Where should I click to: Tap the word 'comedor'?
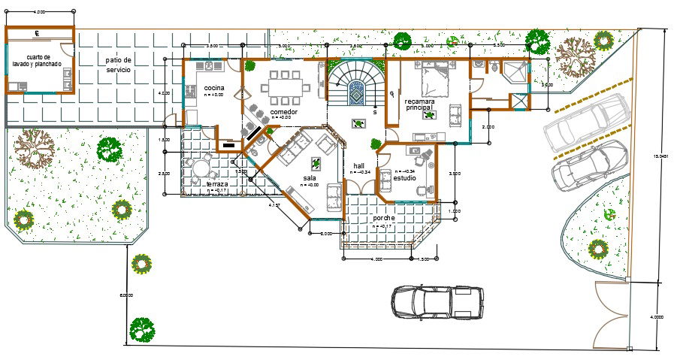283,112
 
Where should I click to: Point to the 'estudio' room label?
405,177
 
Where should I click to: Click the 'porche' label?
383,218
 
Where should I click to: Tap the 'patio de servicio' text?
118,65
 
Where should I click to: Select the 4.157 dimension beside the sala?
275,204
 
